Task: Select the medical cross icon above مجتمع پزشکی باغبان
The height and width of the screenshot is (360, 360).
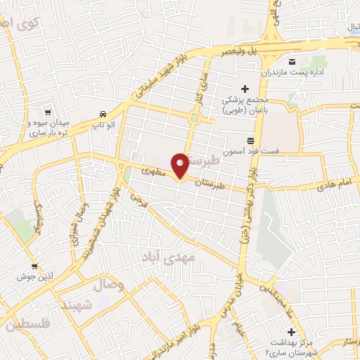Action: [245, 89]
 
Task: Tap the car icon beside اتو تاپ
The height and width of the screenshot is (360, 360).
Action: [103, 113]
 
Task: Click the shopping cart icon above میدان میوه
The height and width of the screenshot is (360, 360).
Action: [48, 111]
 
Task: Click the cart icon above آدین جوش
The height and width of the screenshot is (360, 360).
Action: [34, 266]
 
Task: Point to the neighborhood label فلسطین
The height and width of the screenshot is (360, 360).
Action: [27, 326]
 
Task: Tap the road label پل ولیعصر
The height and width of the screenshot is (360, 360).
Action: [240, 50]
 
